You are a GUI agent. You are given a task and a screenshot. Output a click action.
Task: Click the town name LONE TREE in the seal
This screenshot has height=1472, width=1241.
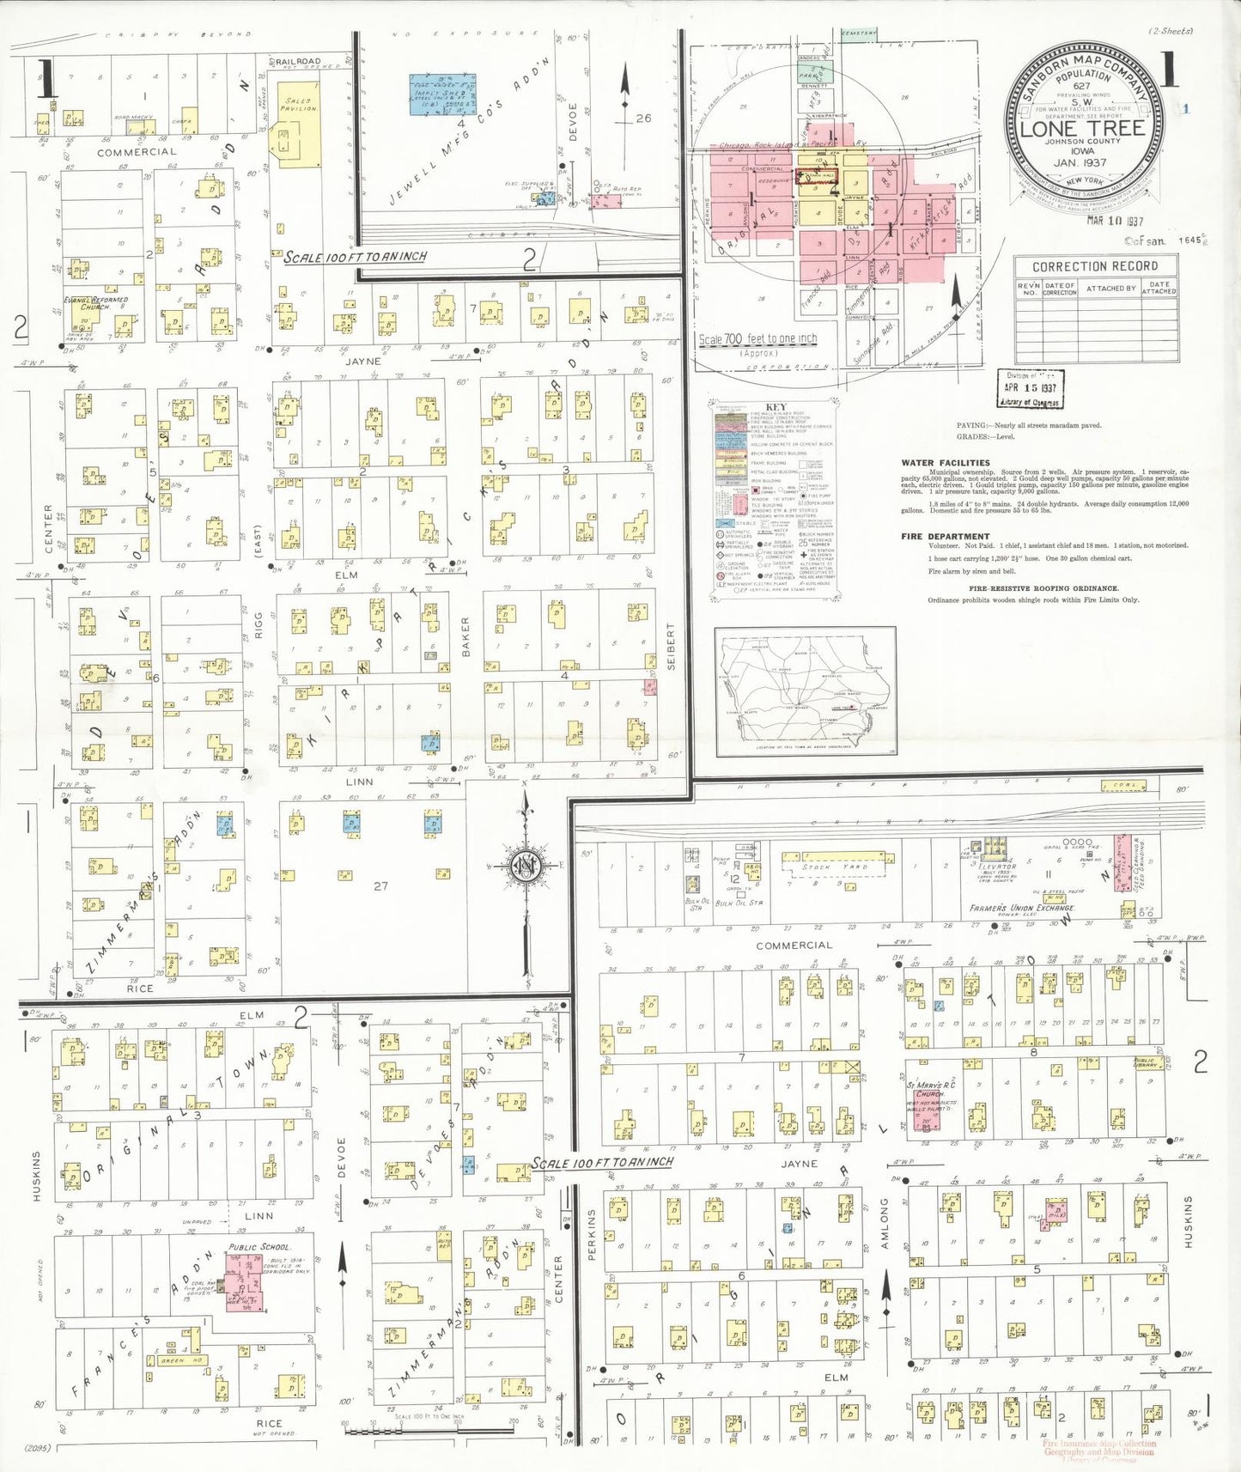tap(1082, 129)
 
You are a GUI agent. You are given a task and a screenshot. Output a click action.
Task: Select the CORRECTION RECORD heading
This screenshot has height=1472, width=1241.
tap(1095, 266)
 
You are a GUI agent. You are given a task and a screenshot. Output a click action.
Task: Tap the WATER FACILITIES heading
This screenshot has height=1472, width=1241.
tap(946, 463)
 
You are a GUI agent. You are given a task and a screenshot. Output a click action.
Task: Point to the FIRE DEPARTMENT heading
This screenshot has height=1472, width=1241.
tap(946, 537)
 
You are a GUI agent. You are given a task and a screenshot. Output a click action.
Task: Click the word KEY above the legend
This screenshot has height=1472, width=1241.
tap(775, 407)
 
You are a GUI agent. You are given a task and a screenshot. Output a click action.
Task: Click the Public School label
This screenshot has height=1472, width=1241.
tap(260, 1247)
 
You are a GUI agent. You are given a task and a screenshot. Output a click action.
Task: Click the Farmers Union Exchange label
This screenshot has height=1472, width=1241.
tap(1022, 908)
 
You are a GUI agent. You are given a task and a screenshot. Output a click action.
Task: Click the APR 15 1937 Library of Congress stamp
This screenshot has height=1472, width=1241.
tap(1030, 389)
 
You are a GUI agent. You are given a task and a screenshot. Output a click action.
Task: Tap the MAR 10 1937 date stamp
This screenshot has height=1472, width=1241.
tap(1114, 221)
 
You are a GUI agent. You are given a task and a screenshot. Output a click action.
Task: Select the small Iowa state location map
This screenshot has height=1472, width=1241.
tap(805, 692)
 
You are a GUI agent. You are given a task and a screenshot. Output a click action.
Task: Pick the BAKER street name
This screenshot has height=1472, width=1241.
tap(466, 636)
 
